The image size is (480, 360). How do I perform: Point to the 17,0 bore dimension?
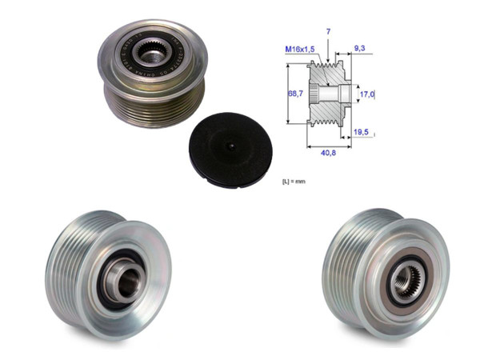367,94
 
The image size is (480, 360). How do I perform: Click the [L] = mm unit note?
294,182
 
